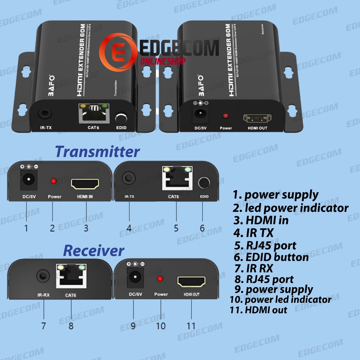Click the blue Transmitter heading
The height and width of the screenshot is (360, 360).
click(97, 152)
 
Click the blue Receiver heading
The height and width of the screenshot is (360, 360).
click(94, 251)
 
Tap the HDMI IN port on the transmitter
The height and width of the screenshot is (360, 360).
click(85, 184)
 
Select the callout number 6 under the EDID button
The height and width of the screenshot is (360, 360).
click(202, 228)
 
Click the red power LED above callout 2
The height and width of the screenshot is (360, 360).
click(53, 181)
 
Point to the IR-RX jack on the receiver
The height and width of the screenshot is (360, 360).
click(43, 276)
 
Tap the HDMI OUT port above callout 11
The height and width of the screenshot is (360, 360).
click(191, 282)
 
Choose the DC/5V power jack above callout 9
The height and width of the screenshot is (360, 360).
click(134, 277)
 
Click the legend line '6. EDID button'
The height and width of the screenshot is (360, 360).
click(271, 257)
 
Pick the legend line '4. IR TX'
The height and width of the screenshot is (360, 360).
click(253, 232)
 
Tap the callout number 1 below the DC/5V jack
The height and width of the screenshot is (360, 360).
click(26, 228)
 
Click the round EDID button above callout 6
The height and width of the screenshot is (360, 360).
click(204, 183)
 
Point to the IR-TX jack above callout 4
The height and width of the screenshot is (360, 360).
click(129, 178)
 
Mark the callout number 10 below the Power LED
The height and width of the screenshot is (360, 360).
click(160, 326)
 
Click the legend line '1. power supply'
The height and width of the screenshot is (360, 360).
click(276, 195)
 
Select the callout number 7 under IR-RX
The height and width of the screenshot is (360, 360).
click(43, 326)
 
